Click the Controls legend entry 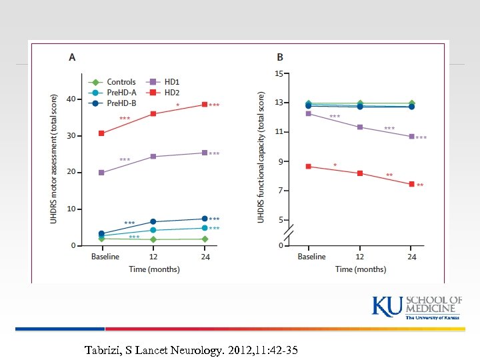(121, 82)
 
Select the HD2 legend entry (172, 93)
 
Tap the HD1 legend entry (172, 82)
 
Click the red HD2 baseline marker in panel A (101, 133)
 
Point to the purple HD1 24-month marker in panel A (204, 153)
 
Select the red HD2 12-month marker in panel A (153, 114)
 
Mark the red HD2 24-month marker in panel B (411, 184)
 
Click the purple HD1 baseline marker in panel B (308, 113)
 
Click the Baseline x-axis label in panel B (311, 257)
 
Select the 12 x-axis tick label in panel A (153, 257)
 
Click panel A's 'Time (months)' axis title (153, 269)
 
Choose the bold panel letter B (280, 57)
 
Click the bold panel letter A (72, 57)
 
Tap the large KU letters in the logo (387, 307)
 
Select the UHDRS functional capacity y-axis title (261, 157)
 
